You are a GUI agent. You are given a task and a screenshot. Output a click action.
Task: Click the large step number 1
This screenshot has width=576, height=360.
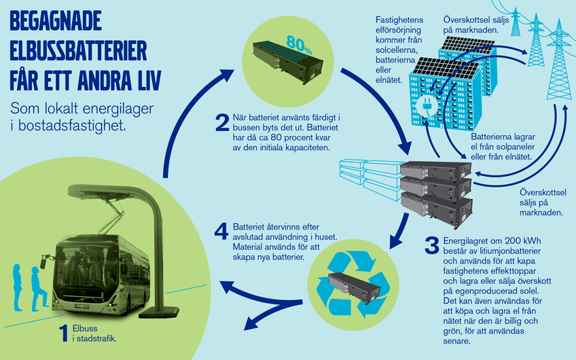(62, 333)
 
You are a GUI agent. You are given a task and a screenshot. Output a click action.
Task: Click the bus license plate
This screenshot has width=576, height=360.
(83, 306)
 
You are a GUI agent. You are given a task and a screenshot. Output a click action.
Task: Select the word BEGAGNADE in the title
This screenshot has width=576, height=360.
(56, 22)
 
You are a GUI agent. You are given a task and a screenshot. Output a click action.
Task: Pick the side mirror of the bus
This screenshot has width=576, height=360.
(47, 261)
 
